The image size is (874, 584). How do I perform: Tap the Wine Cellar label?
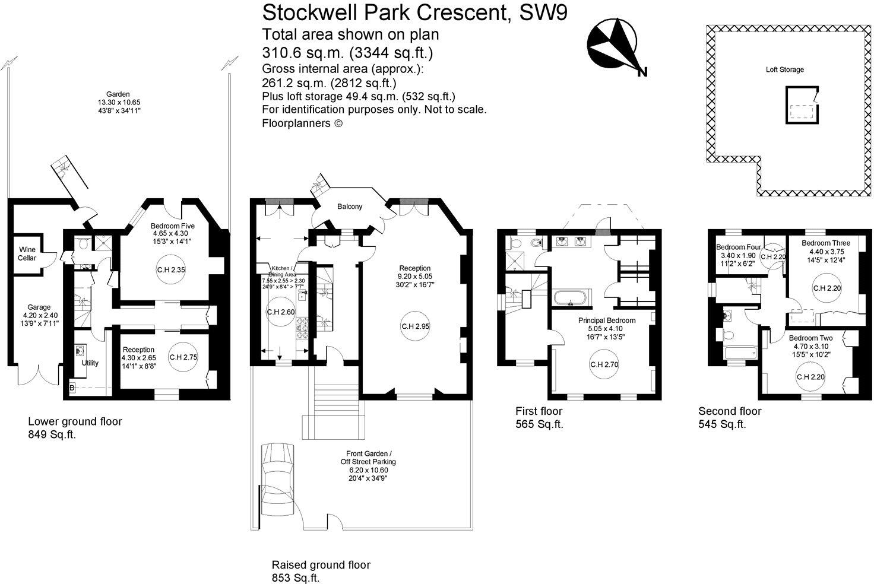(27, 254)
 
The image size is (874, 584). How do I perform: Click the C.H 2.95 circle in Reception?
(416, 326)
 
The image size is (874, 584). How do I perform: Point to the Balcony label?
(349, 207)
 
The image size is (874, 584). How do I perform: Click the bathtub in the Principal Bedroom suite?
(571, 297)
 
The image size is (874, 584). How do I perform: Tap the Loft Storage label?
(784, 69)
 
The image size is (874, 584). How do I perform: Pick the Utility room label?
(90, 363)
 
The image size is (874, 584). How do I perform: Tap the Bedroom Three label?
(825, 243)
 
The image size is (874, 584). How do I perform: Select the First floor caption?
(539, 411)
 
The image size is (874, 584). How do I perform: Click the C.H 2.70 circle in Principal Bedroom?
(604, 364)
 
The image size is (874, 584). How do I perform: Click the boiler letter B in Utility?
(72, 388)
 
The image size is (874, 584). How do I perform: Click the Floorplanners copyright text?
(302, 123)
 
